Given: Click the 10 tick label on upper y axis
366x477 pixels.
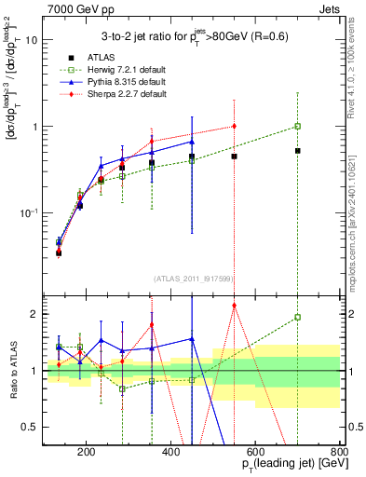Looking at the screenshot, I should click(33, 40).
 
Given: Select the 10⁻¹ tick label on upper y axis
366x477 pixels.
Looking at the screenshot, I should click(30, 213).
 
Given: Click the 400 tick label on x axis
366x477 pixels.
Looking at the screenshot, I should click(170, 453).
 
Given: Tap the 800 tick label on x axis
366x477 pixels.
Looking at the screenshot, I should click(339, 453).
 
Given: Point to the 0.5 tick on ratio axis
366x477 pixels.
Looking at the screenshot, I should click(30, 427).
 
